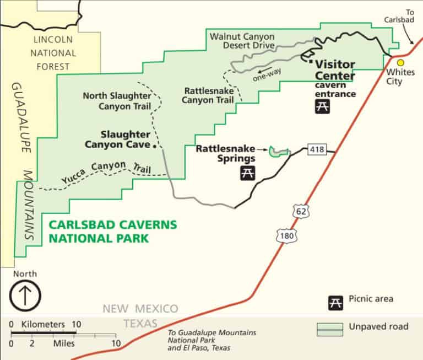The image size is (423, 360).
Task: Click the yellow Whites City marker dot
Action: pos(400,63)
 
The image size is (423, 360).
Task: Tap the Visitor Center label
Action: pos(334,70)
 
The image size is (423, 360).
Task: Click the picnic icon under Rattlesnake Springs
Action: pos(247,174)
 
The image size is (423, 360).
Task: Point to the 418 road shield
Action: pos(318,149)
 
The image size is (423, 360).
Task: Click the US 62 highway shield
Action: pos(302,211)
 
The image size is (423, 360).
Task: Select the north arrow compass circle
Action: pos(25,294)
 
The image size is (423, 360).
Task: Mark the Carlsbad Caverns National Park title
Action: pos(113,231)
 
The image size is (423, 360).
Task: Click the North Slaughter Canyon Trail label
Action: pos(117,100)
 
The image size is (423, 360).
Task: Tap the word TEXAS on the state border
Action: pos(140,323)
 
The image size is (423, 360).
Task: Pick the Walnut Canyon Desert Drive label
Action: pos(242,41)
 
